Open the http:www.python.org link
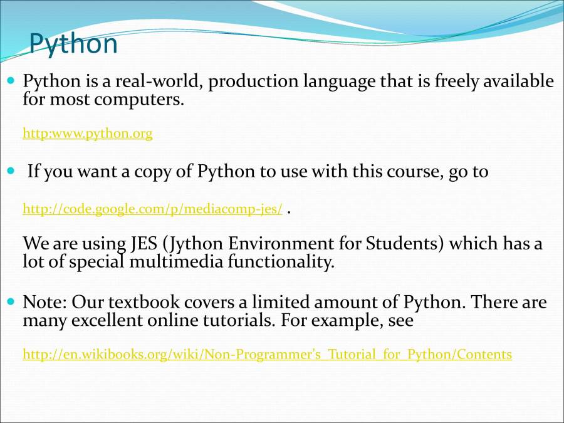coord(88,133)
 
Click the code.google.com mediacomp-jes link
coord(152,209)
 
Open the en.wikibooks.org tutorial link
coord(267,354)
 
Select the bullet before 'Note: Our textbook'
coord(11,301)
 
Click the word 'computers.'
coord(139,100)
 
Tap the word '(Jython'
coord(193,244)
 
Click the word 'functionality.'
coord(281,263)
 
